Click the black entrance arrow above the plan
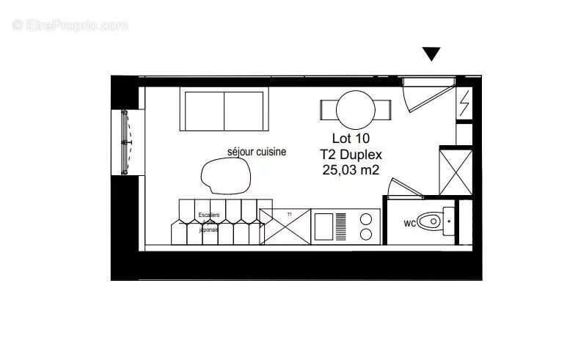coord(431,54)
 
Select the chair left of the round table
coord(328,110)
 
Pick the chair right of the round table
coord(383,110)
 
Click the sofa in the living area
coord(222,111)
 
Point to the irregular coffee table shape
coord(227,175)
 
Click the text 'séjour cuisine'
coord(256,152)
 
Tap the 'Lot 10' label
coord(351,138)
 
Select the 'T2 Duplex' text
coord(351,154)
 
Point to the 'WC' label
coord(411,221)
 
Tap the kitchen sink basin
coord(324,226)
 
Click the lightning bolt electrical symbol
coord(464,105)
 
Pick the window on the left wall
coord(125,142)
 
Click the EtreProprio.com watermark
coord(70,26)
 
